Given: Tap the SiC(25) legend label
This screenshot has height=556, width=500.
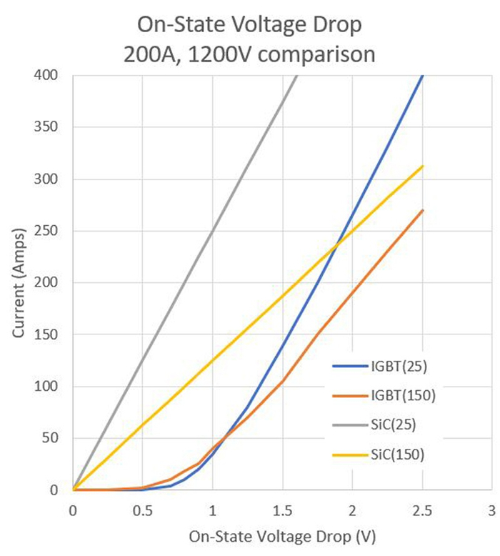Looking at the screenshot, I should [395, 424].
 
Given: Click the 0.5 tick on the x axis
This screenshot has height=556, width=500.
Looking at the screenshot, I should [142, 509].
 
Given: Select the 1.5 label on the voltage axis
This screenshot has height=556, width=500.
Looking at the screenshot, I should [282, 509].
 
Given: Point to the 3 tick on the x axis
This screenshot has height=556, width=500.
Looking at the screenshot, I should [491, 509].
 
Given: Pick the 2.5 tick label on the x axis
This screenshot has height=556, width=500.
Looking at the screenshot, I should [421, 509].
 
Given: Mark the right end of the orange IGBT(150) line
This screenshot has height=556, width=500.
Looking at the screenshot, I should [423, 210].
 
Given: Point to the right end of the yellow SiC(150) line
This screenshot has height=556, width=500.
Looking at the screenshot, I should [423, 166].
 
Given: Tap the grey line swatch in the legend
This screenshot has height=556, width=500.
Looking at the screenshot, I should [349, 424].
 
